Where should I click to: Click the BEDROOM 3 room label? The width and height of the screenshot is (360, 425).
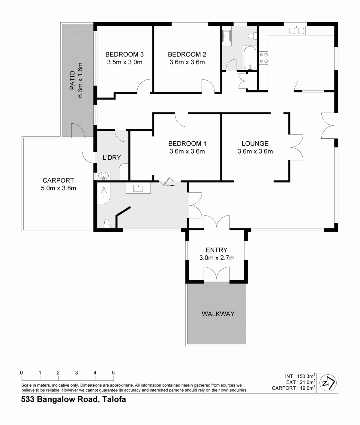pyautogui.click(x=124, y=54)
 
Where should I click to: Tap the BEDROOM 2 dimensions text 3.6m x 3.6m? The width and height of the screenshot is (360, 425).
pyautogui.click(x=187, y=62)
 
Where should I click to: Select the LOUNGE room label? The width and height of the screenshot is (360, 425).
pyautogui.click(x=255, y=143)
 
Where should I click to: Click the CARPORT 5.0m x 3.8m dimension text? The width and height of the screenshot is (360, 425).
pyautogui.click(x=58, y=188)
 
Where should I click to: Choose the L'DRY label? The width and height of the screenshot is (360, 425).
pyautogui.click(x=112, y=157)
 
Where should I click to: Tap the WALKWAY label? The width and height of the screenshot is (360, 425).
pyautogui.click(x=218, y=314)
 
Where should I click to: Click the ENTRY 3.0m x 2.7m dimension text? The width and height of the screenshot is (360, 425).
pyautogui.click(x=217, y=258)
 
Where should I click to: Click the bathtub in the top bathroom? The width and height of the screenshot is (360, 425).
pyautogui.click(x=249, y=58)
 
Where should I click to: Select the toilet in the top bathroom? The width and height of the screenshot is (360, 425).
pyautogui.click(x=252, y=36)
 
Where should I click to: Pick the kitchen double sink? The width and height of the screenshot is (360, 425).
pyautogui.click(x=296, y=30)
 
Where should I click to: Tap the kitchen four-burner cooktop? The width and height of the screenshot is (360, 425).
pyautogui.click(x=264, y=58)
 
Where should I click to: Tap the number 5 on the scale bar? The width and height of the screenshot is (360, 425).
pyautogui.click(x=113, y=373)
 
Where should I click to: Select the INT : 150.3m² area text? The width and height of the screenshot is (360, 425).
pyautogui.click(x=300, y=376)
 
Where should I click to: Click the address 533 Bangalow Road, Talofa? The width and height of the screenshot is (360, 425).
pyautogui.click(x=73, y=400)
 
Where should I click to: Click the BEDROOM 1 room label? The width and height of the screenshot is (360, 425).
pyautogui.click(x=187, y=143)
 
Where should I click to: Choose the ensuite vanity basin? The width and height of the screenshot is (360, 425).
pyautogui.click(x=138, y=188)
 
